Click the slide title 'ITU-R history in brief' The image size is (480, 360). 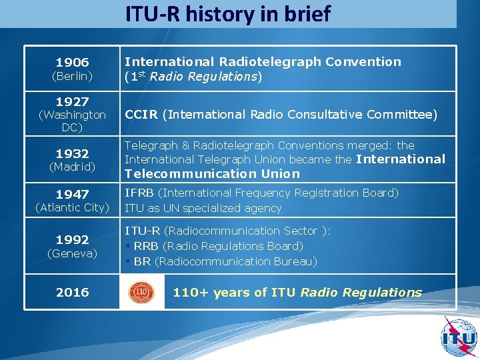point(227,14)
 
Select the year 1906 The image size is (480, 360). point(72,62)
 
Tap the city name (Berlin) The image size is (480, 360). point(72,76)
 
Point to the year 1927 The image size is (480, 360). point(72,101)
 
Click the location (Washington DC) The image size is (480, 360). point(72,121)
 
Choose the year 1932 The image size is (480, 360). point(72,153)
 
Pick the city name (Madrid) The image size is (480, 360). point(72,167)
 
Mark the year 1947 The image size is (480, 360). point(72,194)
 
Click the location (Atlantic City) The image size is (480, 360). point(72,207)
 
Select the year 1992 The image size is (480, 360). point(72,239)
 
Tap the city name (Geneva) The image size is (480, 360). point(72,253)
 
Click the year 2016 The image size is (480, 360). point(72,292)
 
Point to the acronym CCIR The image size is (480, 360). point(141,115)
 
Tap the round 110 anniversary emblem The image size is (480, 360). point(141,292)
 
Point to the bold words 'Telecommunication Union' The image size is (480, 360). point(212,174)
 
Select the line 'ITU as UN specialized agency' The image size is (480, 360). point(203,208)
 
